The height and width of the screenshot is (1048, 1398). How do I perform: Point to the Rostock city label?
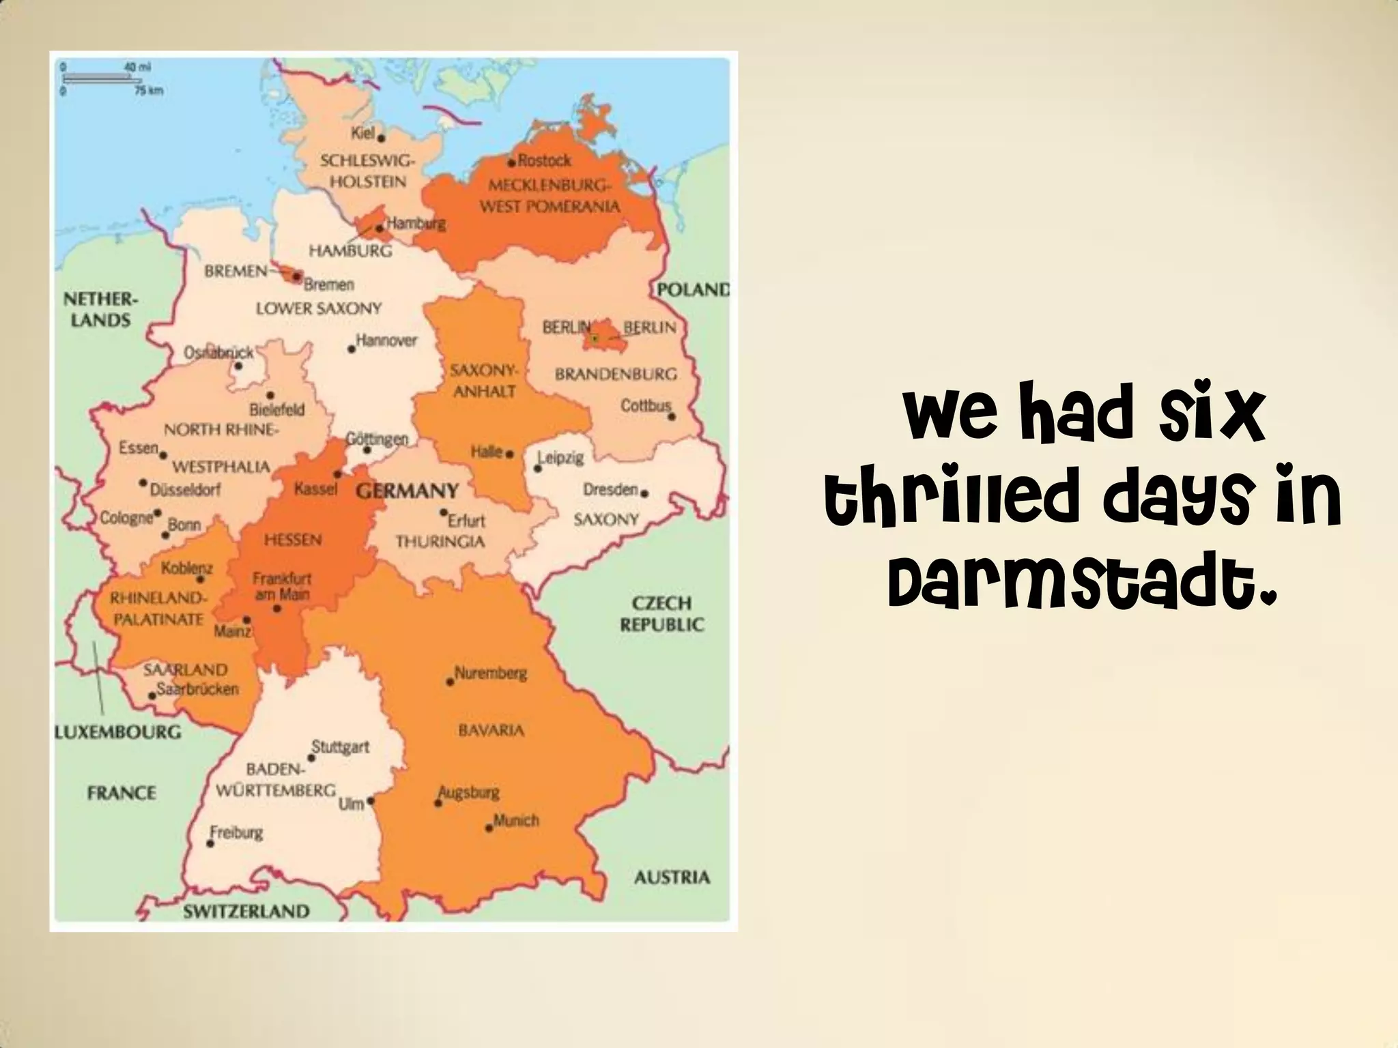[x=544, y=161]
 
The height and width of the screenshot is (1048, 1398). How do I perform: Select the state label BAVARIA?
[x=491, y=731]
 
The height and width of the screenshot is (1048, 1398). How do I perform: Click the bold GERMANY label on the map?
[x=408, y=491]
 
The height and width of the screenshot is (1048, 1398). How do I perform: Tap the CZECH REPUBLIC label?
[x=661, y=613]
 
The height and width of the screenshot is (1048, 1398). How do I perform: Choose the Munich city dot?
[x=489, y=829]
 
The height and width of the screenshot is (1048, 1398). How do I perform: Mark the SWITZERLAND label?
[x=246, y=911]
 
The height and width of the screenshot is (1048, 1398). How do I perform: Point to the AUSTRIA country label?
[x=672, y=877]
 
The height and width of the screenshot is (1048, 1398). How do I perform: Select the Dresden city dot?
[x=644, y=493]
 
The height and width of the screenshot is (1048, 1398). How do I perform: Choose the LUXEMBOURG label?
[x=118, y=733]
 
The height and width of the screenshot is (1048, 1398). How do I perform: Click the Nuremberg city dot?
[x=450, y=682]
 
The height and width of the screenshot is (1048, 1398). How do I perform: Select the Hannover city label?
[x=386, y=340]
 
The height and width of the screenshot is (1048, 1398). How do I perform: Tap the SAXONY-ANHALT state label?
[x=484, y=381]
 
